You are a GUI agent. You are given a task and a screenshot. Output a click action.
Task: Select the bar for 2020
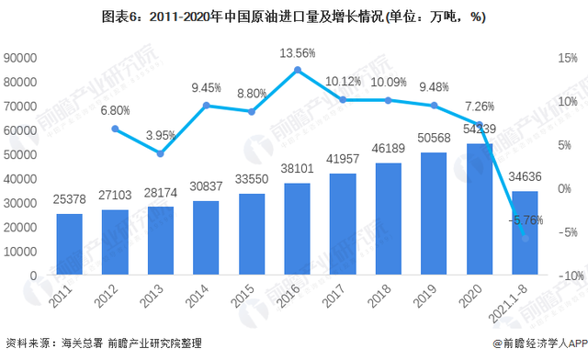click(x=479, y=209)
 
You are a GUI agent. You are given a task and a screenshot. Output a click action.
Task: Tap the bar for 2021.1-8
click(x=524, y=233)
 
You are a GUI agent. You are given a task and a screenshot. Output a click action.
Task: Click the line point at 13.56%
click(x=299, y=70)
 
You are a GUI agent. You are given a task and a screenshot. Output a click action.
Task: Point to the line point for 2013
click(x=160, y=153)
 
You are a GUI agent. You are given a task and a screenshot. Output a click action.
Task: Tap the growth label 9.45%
click(x=208, y=89)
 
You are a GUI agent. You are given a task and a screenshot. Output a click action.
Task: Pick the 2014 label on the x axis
click(x=204, y=297)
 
